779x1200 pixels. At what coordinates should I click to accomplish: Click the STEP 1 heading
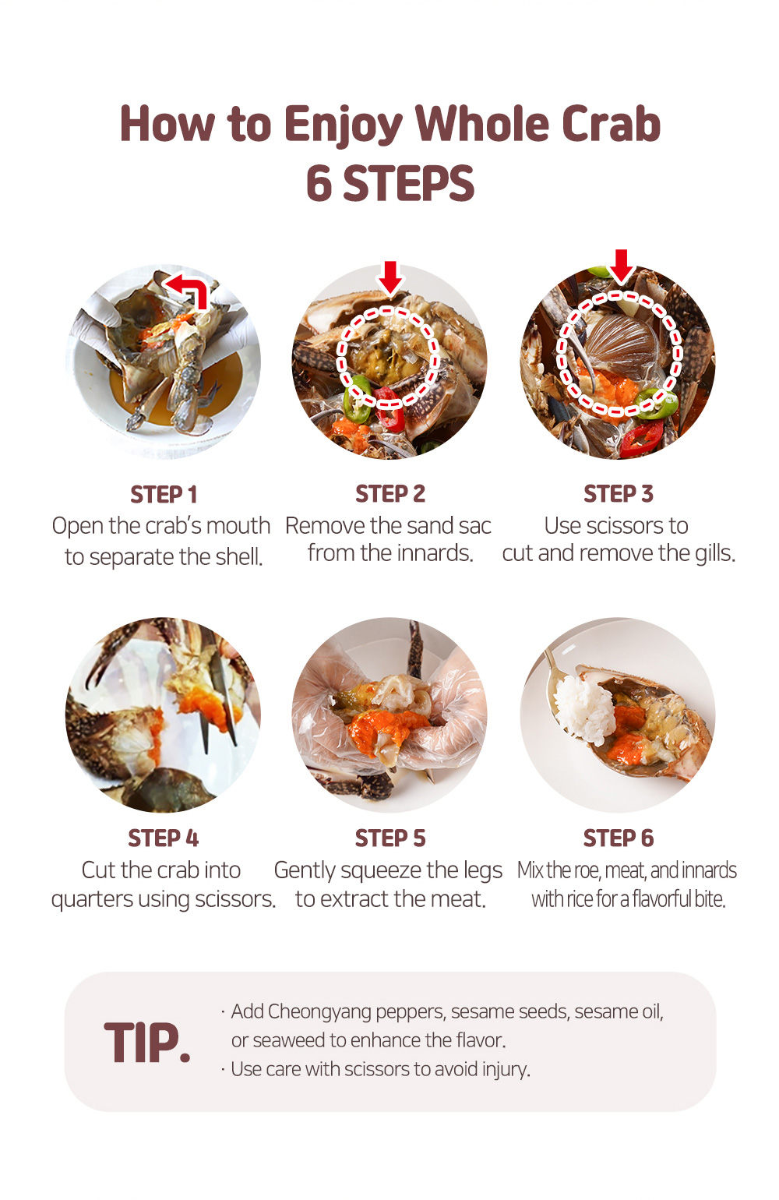coord(164,495)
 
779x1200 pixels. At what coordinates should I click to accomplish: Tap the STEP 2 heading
coord(390,494)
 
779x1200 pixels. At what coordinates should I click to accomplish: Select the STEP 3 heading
coord(619,494)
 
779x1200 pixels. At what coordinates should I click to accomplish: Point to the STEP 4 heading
coord(164,838)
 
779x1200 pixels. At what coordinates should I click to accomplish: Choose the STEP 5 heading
coord(390,838)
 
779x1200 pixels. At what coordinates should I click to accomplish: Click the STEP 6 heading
coord(619,838)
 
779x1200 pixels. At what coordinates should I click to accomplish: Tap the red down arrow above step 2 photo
coord(390,277)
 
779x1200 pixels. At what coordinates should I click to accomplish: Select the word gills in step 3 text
coord(715,553)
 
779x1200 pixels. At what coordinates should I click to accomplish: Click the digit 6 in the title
coord(319,183)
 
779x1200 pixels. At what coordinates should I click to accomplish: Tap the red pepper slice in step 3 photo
coord(643,437)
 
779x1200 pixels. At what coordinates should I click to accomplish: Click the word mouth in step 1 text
coord(238,525)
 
